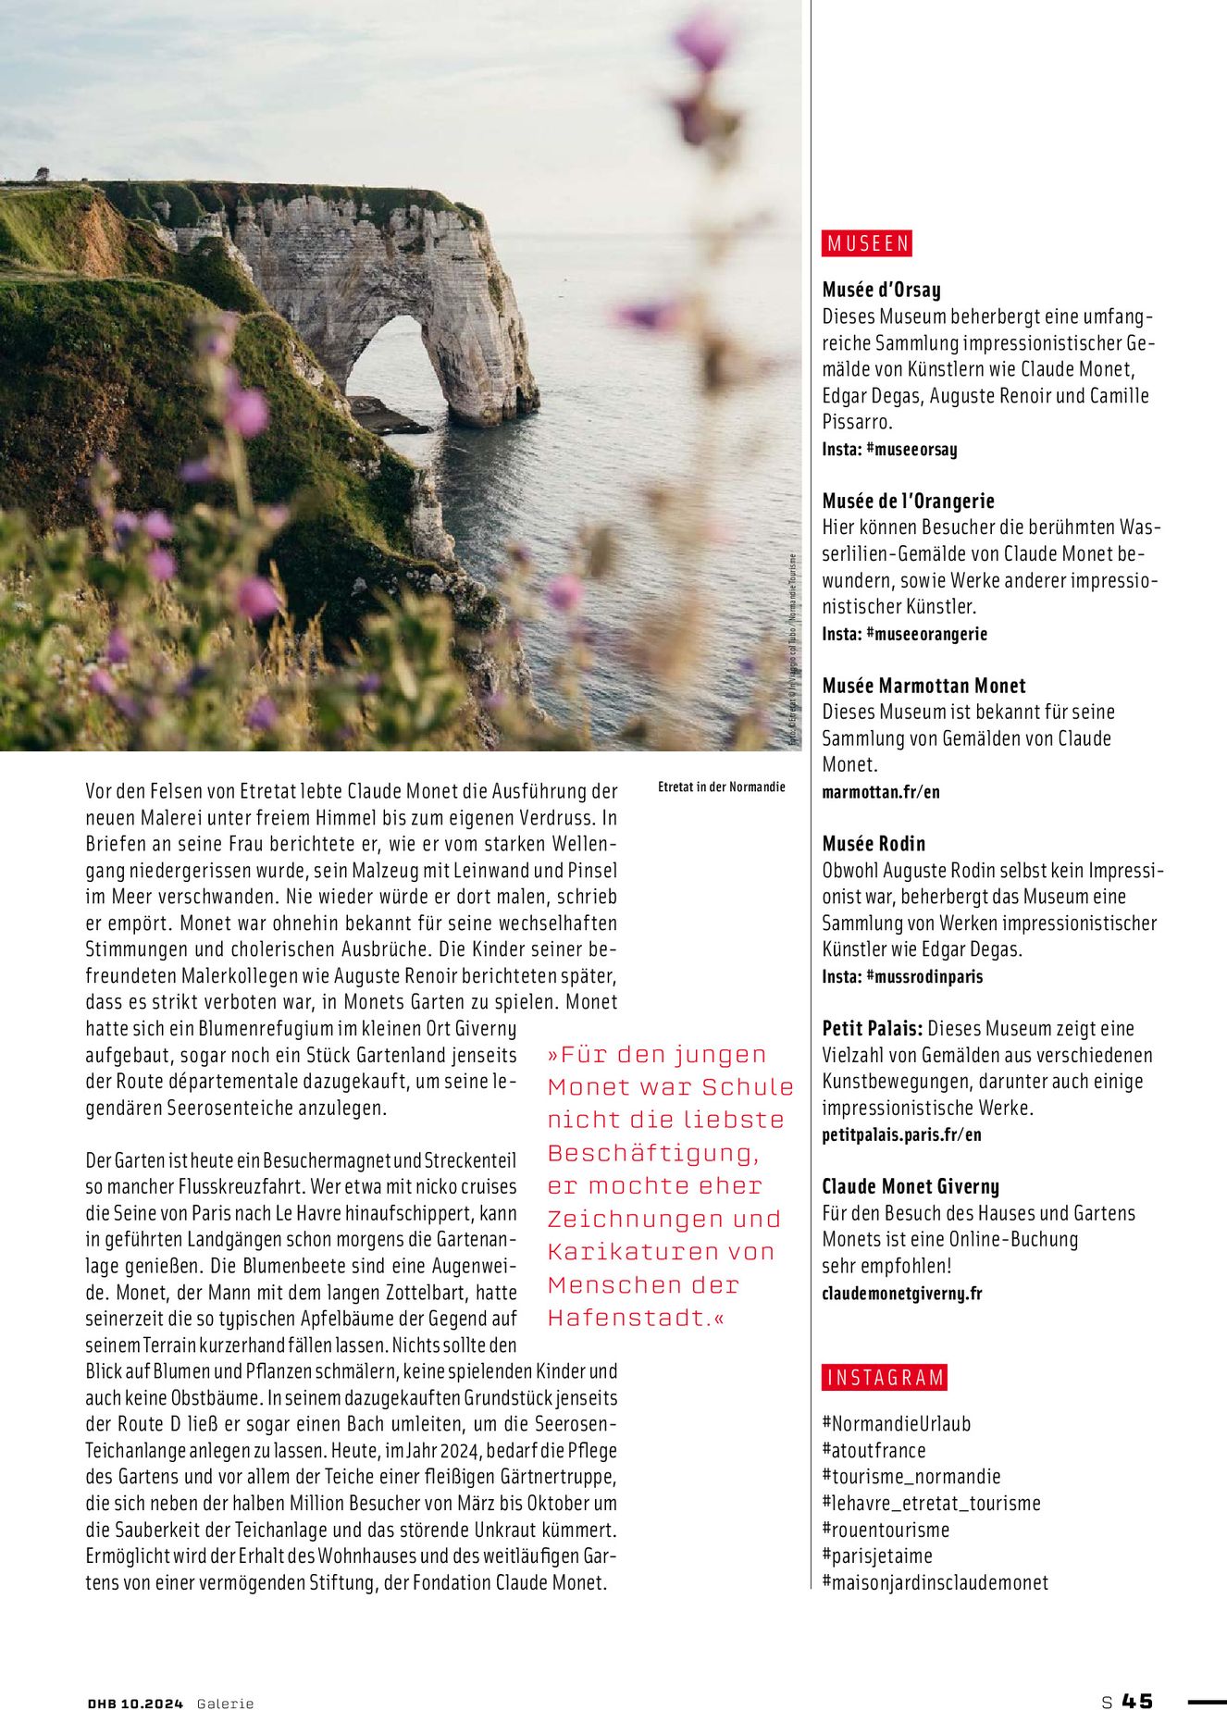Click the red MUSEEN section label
click(x=867, y=243)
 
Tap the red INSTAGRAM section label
click(x=885, y=1378)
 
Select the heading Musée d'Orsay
click(x=881, y=290)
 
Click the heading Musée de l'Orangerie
click(x=908, y=501)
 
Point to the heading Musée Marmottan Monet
click(x=923, y=686)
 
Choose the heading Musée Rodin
click(x=874, y=843)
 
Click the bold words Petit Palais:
click(x=872, y=1028)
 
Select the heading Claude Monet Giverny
click(x=911, y=1186)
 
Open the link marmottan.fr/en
click(x=881, y=792)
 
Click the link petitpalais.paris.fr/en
click(x=901, y=1134)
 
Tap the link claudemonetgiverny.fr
click(x=901, y=1293)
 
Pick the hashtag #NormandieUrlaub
click(x=896, y=1424)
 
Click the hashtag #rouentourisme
click(x=886, y=1530)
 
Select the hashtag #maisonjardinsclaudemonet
click(x=935, y=1582)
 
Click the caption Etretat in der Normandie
click(x=721, y=787)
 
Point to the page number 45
click(x=1137, y=1701)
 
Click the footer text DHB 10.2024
click(x=135, y=1704)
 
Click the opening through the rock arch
click(x=389, y=356)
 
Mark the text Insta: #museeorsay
click(x=889, y=449)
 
